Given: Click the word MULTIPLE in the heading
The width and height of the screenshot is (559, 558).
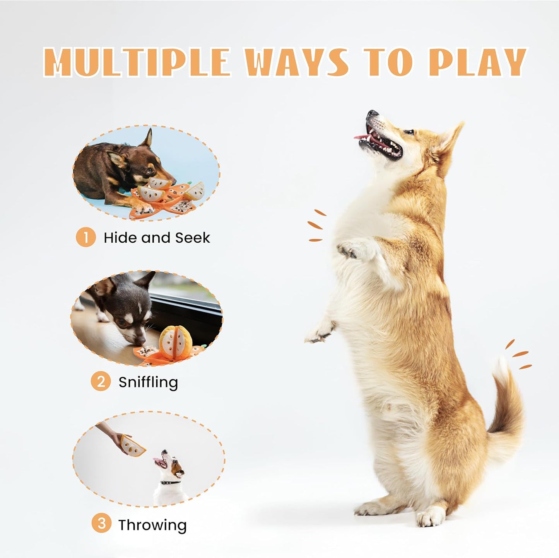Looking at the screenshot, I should [x=136, y=62].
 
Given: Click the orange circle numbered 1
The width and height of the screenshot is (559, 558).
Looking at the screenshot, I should [x=85, y=237].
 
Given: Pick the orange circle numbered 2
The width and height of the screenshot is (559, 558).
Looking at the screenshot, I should [x=101, y=382].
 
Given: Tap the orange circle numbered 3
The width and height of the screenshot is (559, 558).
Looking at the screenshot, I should [x=101, y=524].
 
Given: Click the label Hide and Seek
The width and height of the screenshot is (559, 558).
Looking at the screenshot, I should [x=157, y=238].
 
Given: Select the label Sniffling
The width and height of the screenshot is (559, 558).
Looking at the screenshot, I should [x=148, y=382].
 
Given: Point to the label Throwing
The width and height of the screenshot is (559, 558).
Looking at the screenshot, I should [x=152, y=525].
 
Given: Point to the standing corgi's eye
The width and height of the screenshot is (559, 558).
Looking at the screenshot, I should [x=409, y=132].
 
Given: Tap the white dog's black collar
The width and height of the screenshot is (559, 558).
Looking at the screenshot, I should [x=171, y=482].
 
